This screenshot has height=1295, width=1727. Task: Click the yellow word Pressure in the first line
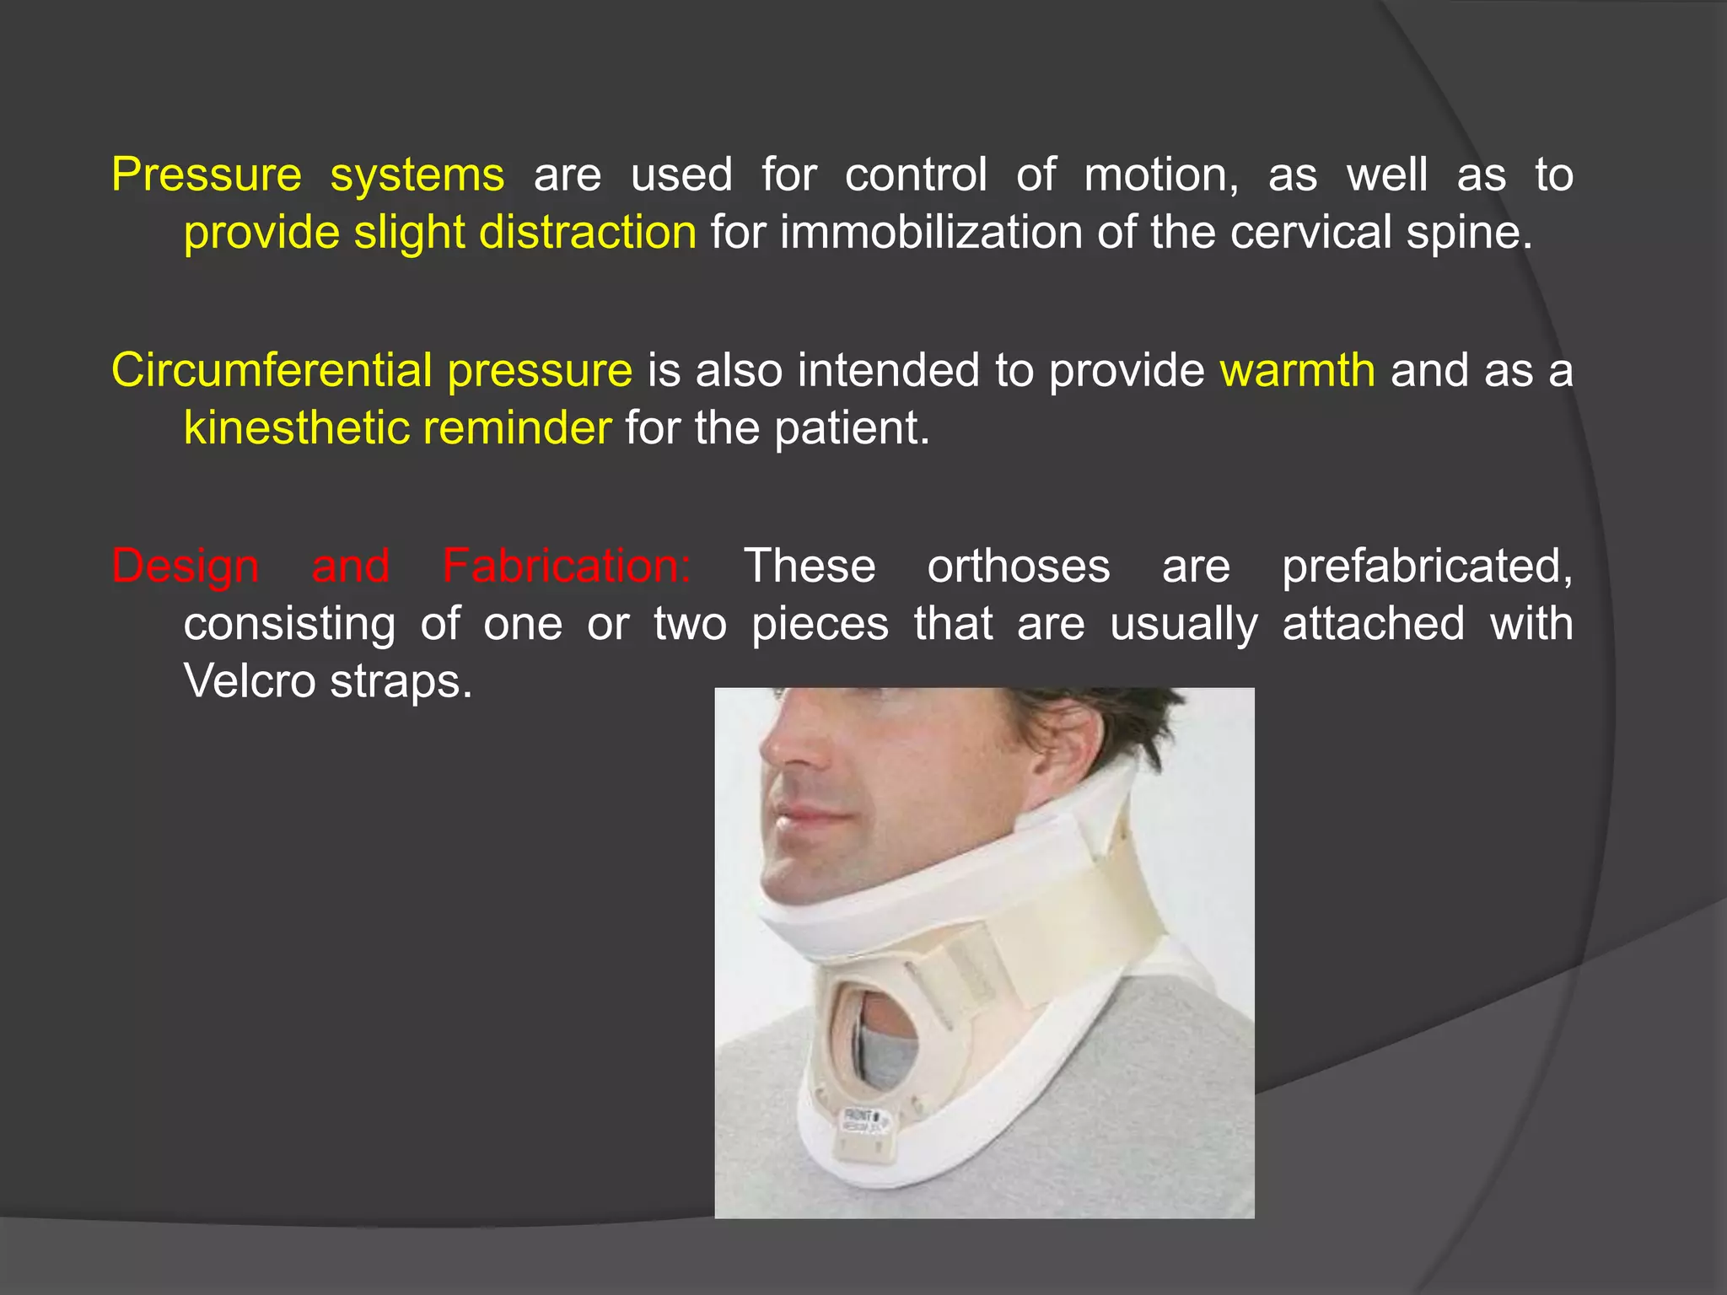click(207, 175)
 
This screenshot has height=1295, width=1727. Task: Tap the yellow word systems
click(417, 175)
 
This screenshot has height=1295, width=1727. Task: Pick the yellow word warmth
click(1297, 370)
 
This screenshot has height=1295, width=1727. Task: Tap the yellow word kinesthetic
click(296, 427)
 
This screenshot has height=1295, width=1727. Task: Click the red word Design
click(186, 567)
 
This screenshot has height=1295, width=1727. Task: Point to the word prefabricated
click(1427, 566)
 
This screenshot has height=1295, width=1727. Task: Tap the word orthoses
click(1019, 566)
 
